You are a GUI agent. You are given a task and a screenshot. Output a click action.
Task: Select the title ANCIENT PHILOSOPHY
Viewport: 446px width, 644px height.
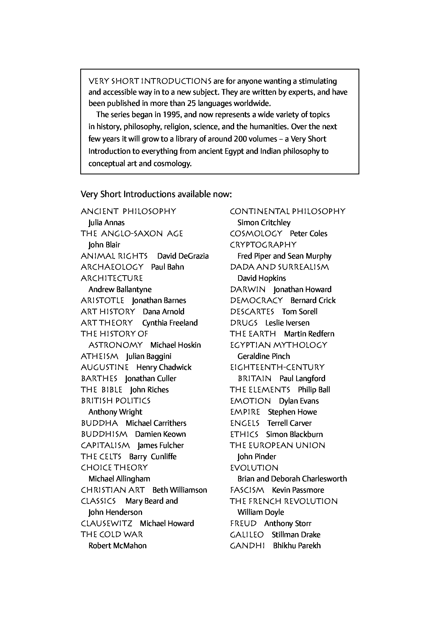pyautogui.click(x=128, y=211)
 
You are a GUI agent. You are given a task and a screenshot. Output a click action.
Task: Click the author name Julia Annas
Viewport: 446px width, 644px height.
pyautogui.click(x=106, y=223)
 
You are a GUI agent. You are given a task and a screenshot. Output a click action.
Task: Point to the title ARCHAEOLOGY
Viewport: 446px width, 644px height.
pyautogui.click(x=112, y=267)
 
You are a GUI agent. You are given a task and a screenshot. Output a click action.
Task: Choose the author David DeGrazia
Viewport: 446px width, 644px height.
pyautogui.click(x=183, y=256)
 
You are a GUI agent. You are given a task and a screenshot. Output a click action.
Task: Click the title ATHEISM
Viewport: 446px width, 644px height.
pyautogui.click(x=100, y=356)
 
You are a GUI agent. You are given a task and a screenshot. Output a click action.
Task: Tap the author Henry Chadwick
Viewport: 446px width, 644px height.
pyautogui.click(x=164, y=367)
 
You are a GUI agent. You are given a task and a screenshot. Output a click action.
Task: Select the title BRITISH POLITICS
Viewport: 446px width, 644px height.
pyautogui.click(x=116, y=401)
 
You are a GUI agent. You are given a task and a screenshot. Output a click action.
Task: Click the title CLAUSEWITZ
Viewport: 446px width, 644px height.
pyautogui.click(x=106, y=523)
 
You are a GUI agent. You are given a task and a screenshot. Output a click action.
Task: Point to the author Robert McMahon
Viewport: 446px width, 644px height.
pyautogui.click(x=117, y=546)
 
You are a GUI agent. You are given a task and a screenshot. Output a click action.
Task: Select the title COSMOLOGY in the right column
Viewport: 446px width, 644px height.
pyautogui.click(x=256, y=233)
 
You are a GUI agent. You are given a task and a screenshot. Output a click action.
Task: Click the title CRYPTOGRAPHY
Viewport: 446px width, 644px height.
pyautogui.click(x=263, y=245)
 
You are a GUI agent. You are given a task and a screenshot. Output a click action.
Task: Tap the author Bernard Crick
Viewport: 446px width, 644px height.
pyautogui.click(x=313, y=301)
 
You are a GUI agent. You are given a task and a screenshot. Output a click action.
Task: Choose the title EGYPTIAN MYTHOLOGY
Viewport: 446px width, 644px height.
pyautogui.click(x=278, y=345)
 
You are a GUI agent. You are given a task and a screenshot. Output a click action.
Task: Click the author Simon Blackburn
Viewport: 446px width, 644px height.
pyautogui.click(x=294, y=434)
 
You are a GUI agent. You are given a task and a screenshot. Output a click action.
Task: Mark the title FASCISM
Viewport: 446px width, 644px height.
pyautogui.click(x=247, y=490)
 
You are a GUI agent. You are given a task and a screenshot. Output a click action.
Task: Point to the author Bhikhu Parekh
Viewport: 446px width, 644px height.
pyautogui.click(x=297, y=546)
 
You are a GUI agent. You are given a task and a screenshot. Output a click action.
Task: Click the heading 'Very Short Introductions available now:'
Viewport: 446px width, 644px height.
pyautogui.click(x=156, y=194)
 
